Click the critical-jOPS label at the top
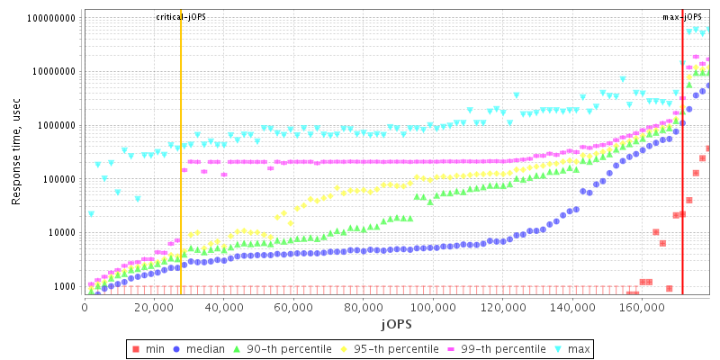click(x=180, y=17)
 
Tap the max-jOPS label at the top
click(x=681, y=17)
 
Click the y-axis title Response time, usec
click(x=16, y=153)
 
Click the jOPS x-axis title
click(x=395, y=323)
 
